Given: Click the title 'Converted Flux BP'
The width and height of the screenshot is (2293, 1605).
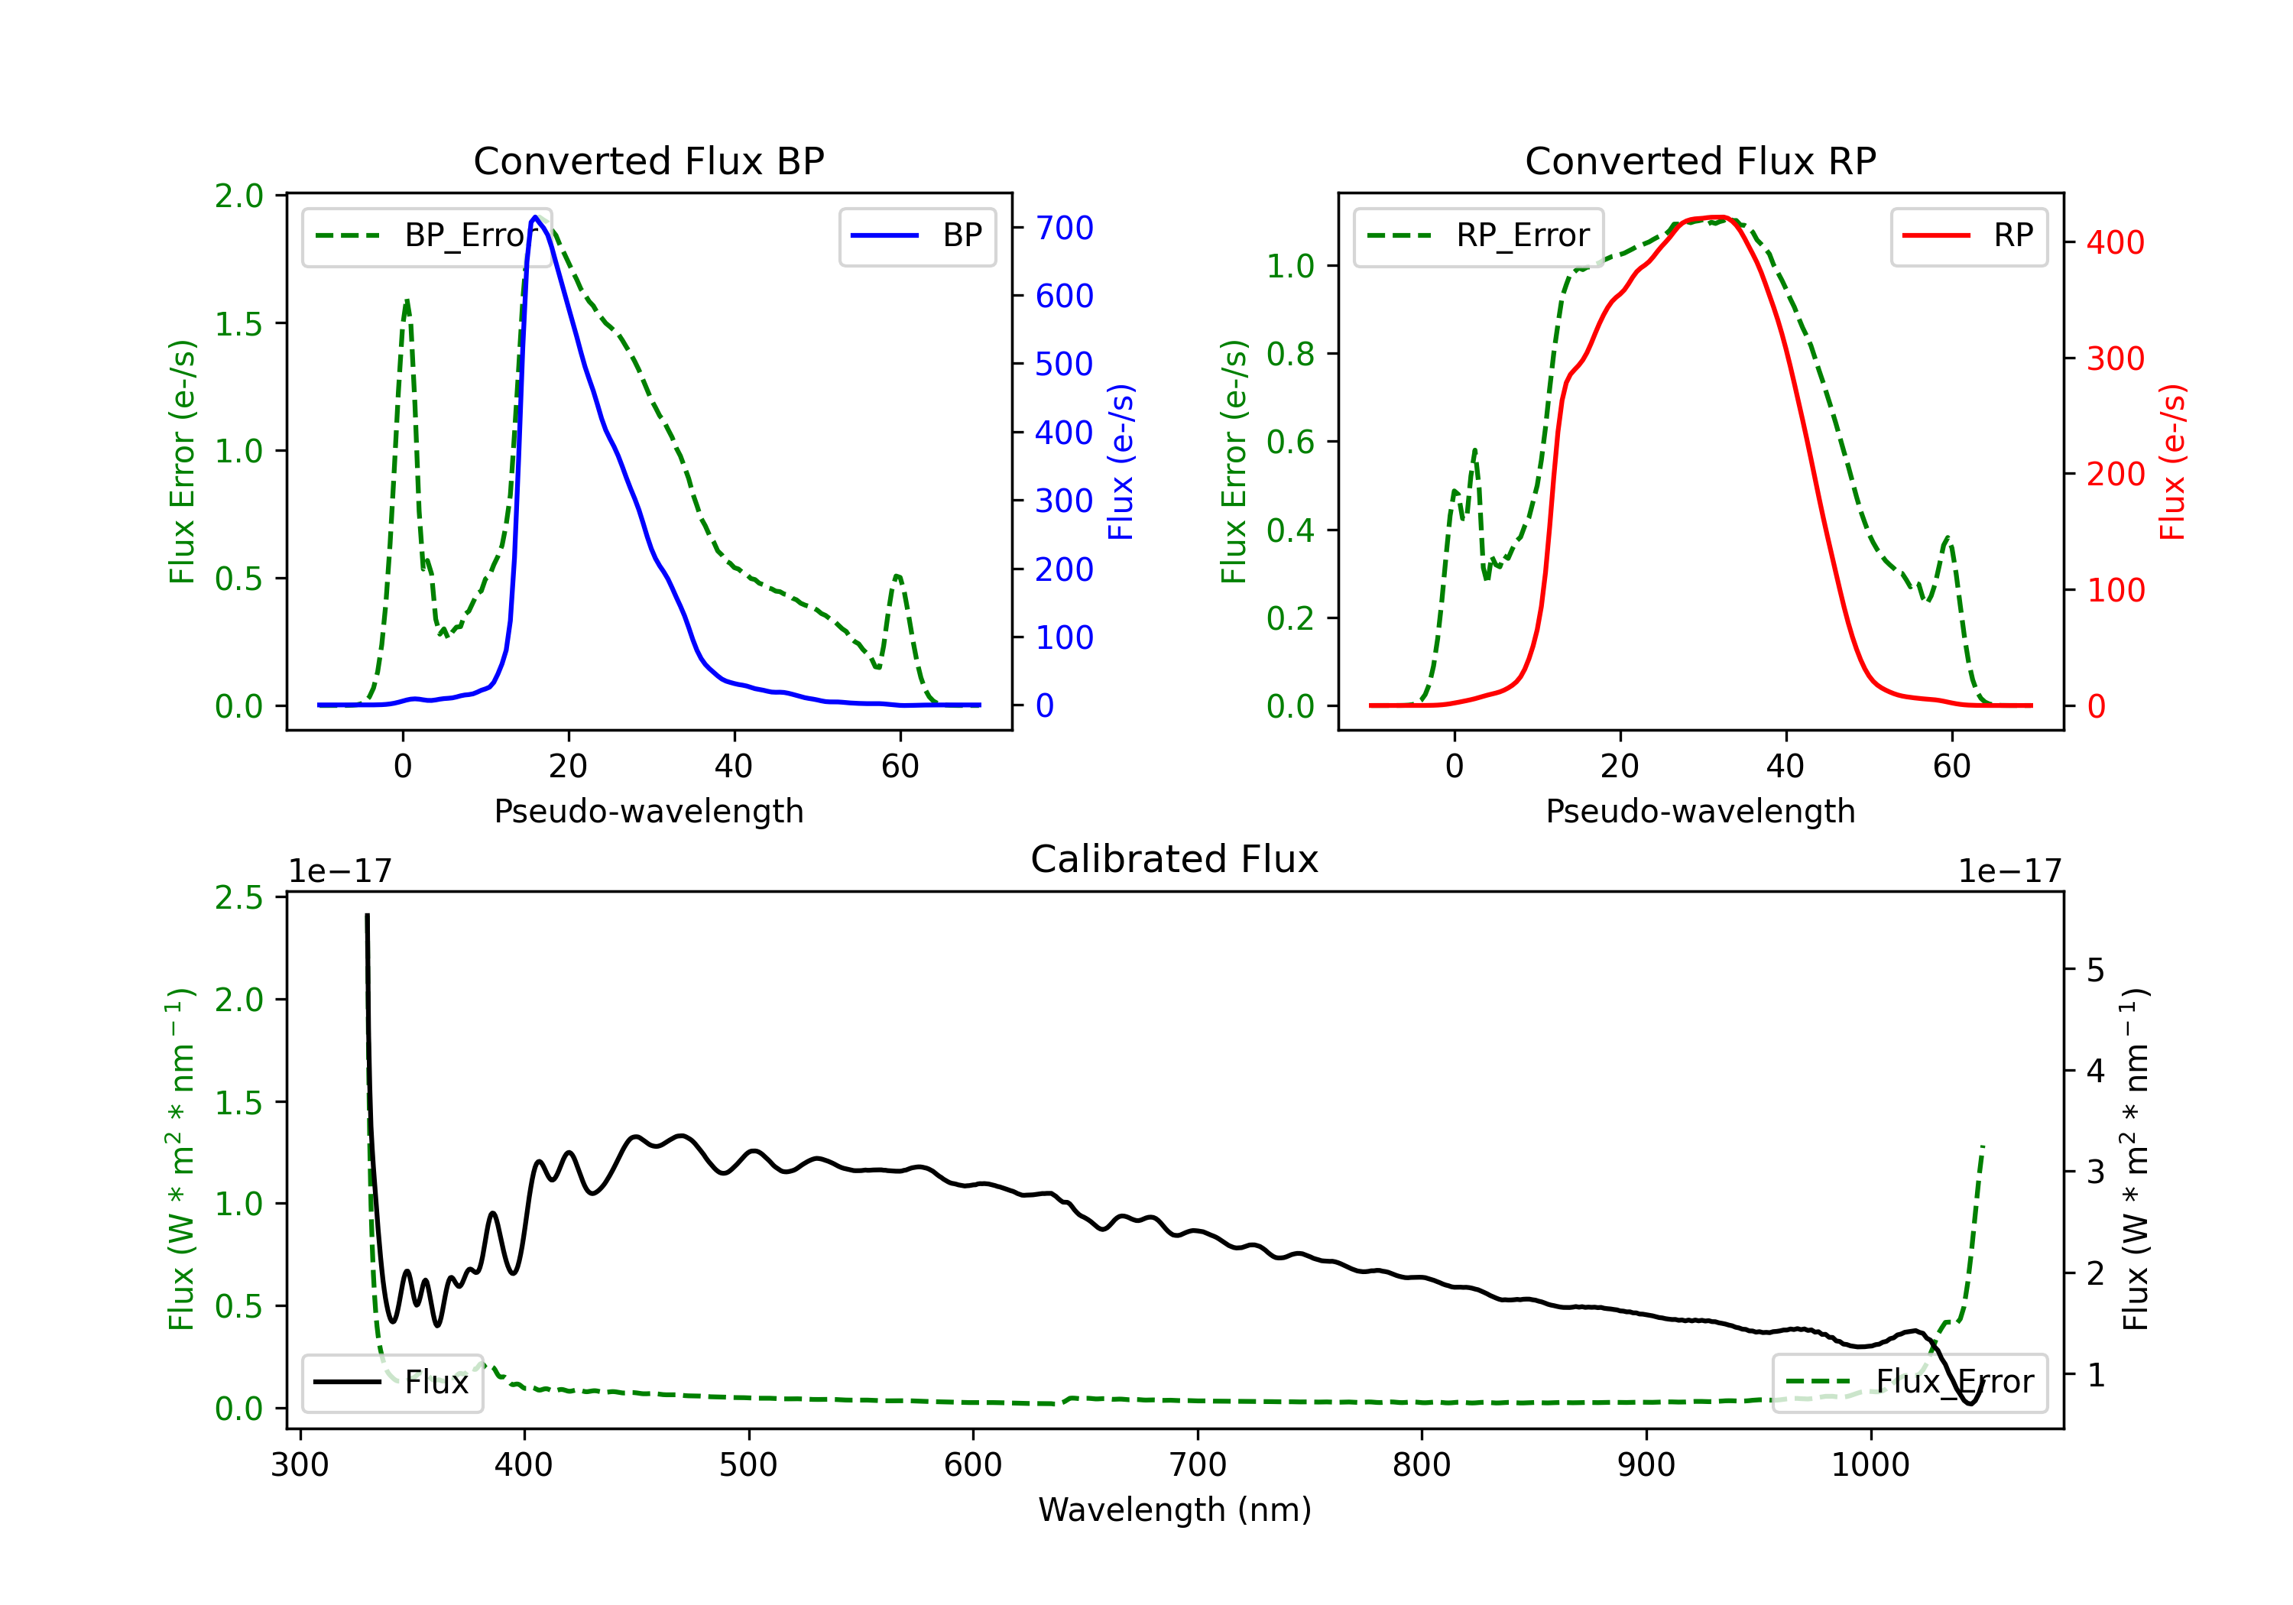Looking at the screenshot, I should pos(648,160).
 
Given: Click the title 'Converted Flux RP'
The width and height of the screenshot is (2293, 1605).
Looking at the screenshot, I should pos(1700,160).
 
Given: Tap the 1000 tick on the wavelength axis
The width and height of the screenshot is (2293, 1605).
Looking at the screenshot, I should pos(1870,1464).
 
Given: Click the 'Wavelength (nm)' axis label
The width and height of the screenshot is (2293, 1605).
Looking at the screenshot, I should pos(1175,1509).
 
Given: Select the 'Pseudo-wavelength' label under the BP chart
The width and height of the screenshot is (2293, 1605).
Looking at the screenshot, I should pos(648,811).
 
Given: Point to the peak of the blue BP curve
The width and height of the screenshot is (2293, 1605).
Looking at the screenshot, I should pos(535,217).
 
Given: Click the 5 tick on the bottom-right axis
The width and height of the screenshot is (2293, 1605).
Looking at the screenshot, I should pos(2095,970).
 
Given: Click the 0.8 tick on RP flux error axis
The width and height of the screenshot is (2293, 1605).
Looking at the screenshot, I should pos(1290,354).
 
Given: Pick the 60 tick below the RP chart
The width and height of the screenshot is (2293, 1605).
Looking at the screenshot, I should pos(1951,766).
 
